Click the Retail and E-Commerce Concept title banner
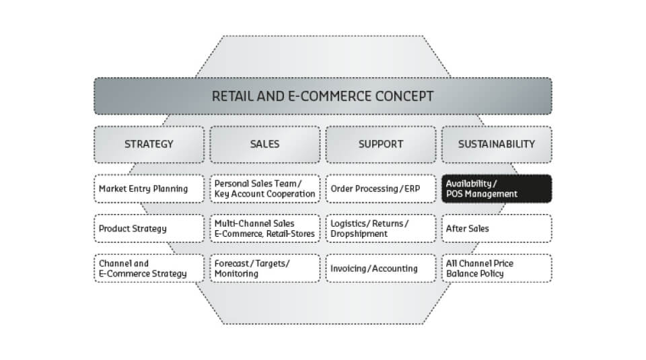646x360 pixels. click(323, 96)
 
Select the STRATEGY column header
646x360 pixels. click(149, 144)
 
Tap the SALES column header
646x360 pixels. click(265, 144)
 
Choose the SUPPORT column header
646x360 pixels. click(381, 144)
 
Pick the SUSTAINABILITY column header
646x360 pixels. click(497, 144)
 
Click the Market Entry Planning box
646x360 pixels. click(149, 188)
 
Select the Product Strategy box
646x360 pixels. click(149, 228)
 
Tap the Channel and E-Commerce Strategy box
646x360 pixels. click(149, 268)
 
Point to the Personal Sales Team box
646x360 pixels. click(265, 188)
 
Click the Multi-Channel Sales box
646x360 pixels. click(265, 228)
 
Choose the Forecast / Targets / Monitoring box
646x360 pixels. click(265, 268)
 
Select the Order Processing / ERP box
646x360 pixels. click(381, 188)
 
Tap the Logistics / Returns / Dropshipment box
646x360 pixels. click(381, 228)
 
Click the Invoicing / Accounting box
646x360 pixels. click(381, 268)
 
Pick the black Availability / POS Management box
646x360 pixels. click(497, 188)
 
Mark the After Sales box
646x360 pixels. click(497, 228)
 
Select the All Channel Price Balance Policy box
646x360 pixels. click(497, 268)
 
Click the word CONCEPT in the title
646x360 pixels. click(398, 96)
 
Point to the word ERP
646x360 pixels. click(412, 188)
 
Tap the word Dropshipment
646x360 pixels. click(359, 234)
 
